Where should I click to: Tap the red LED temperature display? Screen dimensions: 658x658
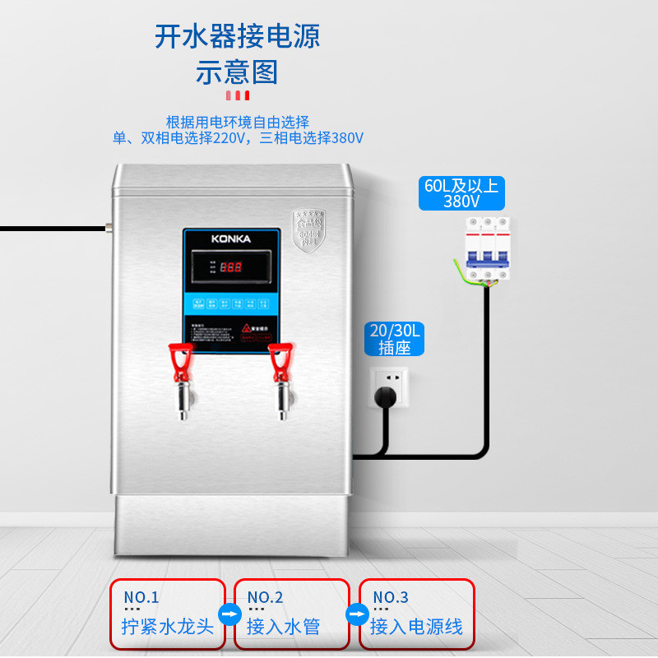[x=231, y=266]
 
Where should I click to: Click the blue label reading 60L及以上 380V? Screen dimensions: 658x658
[x=461, y=193]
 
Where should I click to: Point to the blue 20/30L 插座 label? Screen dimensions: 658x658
[x=395, y=339]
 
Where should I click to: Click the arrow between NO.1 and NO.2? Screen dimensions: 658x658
[x=229, y=614]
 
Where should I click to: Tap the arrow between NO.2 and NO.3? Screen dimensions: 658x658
[x=354, y=614]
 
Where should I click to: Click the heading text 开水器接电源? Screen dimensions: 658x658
[x=237, y=36]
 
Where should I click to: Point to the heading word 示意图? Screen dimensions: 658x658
[x=237, y=72]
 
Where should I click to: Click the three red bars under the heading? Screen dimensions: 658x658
[x=237, y=96]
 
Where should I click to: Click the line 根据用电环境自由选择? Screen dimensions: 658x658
[x=238, y=121]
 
